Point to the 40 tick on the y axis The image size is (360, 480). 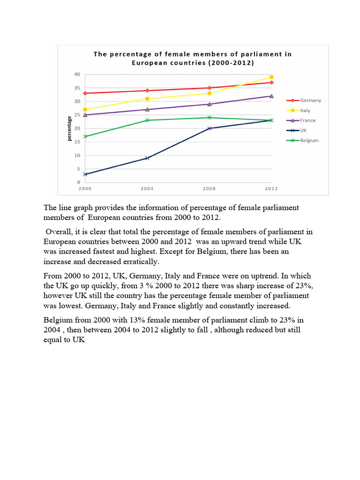77,75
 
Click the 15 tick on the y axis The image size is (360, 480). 77,142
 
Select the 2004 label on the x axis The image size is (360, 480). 147,188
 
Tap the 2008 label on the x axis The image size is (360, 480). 209,188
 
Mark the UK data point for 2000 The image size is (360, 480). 85,174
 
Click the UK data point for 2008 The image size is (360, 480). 209,128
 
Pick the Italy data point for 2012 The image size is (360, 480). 271,77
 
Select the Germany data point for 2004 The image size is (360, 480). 147,90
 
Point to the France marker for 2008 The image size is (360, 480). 209,104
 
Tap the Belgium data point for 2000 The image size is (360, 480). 85,136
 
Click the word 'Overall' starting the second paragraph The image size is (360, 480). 59,232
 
